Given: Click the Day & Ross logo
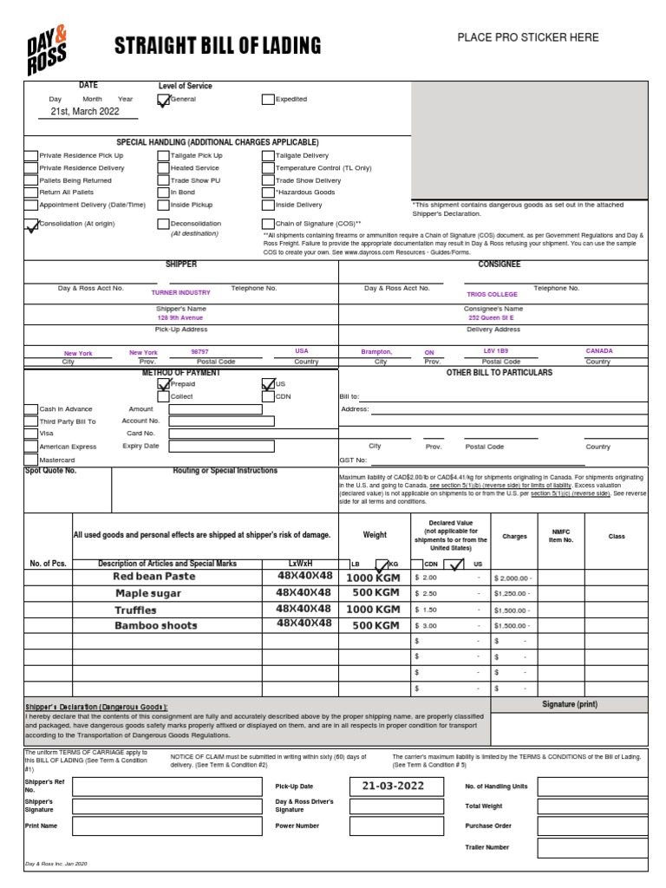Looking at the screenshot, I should [x=47, y=49].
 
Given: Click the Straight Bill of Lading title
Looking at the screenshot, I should [x=218, y=46].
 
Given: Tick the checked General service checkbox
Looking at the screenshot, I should [x=163, y=100].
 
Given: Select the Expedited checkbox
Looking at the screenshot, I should [x=268, y=100].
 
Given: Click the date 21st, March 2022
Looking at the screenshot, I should [x=85, y=112].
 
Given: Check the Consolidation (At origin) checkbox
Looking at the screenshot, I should [x=31, y=225].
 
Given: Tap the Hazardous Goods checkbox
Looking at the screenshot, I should [x=268, y=193].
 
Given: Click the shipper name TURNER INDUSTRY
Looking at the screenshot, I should [x=180, y=293].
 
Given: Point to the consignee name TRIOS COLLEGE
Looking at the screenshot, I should [x=492, y=294].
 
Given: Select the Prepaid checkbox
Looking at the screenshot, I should [x=163, y=383].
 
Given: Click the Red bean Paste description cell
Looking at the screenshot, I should [x=154, y=577].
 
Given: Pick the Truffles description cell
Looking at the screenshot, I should [x=136, y=610].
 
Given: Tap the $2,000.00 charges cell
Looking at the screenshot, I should [x=513, y=578].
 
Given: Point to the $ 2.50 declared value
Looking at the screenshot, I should [x=427, y=594].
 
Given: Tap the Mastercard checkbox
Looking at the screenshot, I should [x=31, y=459].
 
